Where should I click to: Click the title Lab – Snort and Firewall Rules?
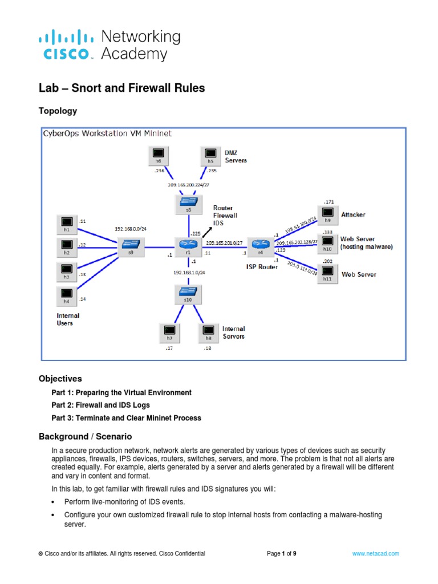[121, 88]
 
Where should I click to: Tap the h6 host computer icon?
[159, 155]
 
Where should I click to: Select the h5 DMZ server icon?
[210, 155]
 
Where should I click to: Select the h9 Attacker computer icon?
[327, 215]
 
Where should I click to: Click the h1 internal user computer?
[67, 224]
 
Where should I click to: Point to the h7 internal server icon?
[169, 331]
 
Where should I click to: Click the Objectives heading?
[60, 379]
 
